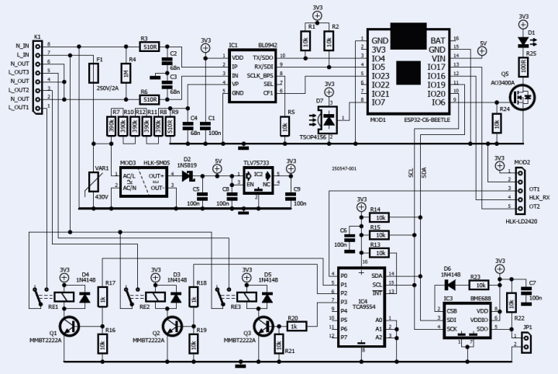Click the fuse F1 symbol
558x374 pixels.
coord(95,73)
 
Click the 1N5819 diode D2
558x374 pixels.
coord(186,175)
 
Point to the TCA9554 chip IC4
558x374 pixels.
coord(362,306)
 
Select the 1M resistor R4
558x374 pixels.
coord(126,74)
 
